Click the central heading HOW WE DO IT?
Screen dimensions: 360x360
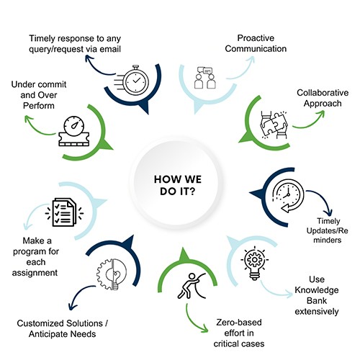click(178, 185)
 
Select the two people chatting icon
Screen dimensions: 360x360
click(204, 78)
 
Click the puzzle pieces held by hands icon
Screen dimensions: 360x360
click(274, 125)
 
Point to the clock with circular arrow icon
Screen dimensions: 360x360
click(288, 196)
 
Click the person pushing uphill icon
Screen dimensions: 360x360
click(192, 286)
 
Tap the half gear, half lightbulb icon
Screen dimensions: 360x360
click(112, 274)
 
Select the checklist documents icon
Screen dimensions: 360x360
click(64, 212)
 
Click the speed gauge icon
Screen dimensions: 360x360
click(74, 131)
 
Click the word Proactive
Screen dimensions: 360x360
click(256, 38)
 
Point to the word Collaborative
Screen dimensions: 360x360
click(323, 93)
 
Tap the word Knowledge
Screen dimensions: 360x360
click(317, 290)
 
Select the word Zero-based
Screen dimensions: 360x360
click(239, 323)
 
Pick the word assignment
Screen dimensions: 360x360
click(35, 273)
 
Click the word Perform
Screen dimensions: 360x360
click(39, 106)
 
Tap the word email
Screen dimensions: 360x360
click(110, 49)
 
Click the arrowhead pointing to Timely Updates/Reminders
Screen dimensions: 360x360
click(328, 213)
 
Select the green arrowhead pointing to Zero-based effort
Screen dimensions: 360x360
click(204, 329)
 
